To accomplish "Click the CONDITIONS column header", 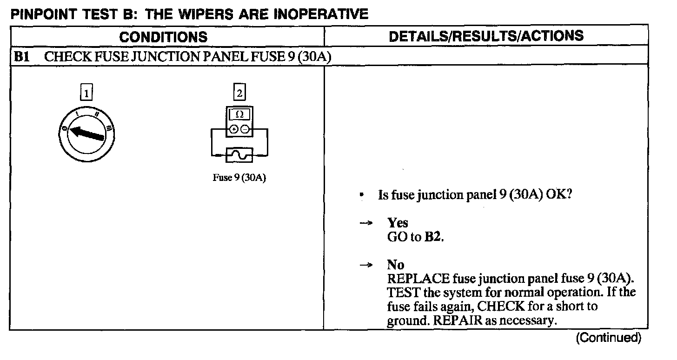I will click(x=163, y=36).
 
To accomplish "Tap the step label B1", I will click(x=22, y=57).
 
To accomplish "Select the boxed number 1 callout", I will click(x=86, y=93).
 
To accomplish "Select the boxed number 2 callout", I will click(x=239, y=93).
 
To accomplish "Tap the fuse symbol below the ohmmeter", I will click(x=239, y=155).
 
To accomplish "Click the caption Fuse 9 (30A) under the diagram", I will click(x=239, y=179).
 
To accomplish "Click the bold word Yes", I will click(x=398, y=223).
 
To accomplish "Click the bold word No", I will click(x=396, y=265).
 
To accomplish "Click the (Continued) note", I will click(x=608, y=338).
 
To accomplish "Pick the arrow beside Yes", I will click(x=367, y=223).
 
